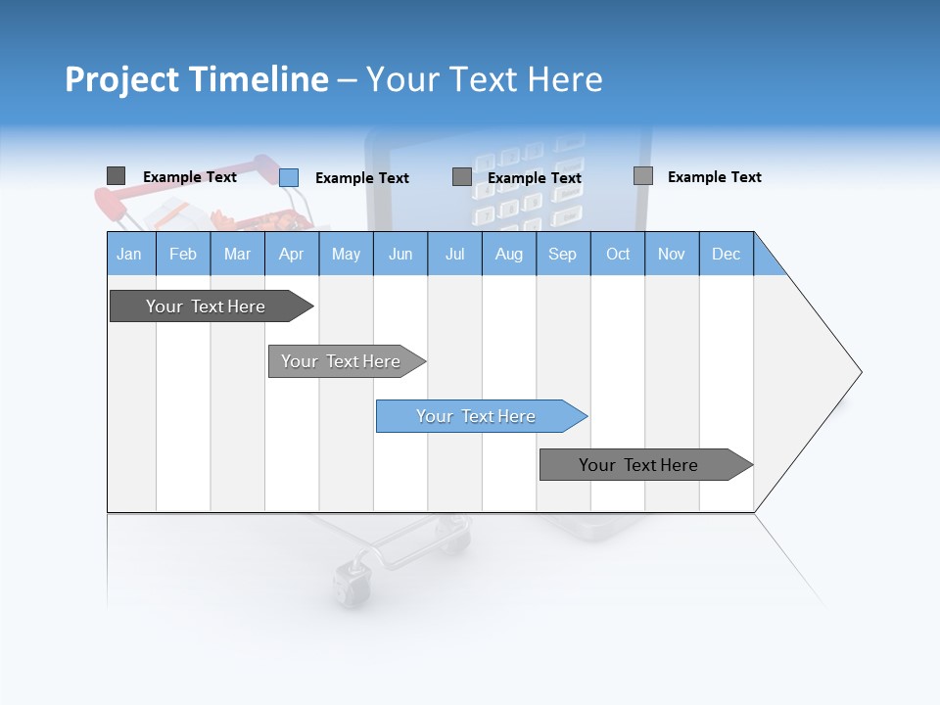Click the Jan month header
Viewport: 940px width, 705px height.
(x=130, y=254)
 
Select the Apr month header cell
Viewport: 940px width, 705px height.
(x=292, y=254)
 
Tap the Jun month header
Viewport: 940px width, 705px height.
(x=400, y=254)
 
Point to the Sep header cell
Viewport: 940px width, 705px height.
(x=563, y=254)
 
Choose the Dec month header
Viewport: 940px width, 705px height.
(x=727, y=254)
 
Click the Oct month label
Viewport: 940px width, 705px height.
(x=618, y=254)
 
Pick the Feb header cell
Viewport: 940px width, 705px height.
(x=183, y=254)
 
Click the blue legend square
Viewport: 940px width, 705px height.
(x=289, y=177)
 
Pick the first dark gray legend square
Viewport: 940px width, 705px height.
(x=116, y=175)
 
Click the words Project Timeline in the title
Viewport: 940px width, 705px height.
(x=196, y=79)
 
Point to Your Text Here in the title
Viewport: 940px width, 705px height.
(x=484, y=79)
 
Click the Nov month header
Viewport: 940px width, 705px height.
(x=672, y=254)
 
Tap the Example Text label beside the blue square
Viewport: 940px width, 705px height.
(x=362, y=178)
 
